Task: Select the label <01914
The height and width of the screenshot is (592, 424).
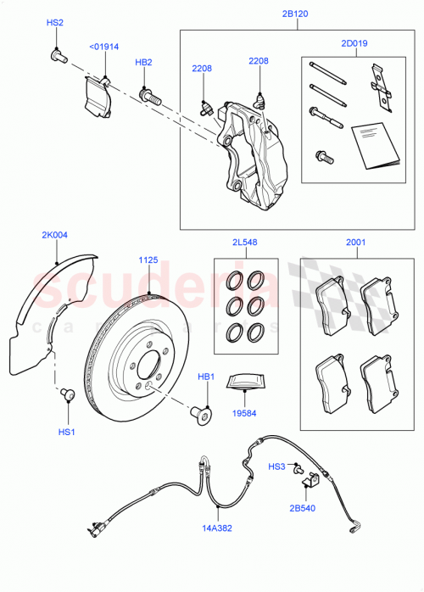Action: tap(104, 48)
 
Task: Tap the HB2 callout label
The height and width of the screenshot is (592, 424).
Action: tap(144, 62)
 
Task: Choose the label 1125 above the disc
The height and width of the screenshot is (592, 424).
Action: tap(149, 260)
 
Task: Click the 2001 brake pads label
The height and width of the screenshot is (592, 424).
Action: tap(356, 243)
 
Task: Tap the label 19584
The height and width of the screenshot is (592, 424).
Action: tap(246, 416)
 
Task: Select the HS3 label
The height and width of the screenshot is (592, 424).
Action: tap(277, 466)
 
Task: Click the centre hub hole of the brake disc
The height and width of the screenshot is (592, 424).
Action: tap(148, 371)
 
